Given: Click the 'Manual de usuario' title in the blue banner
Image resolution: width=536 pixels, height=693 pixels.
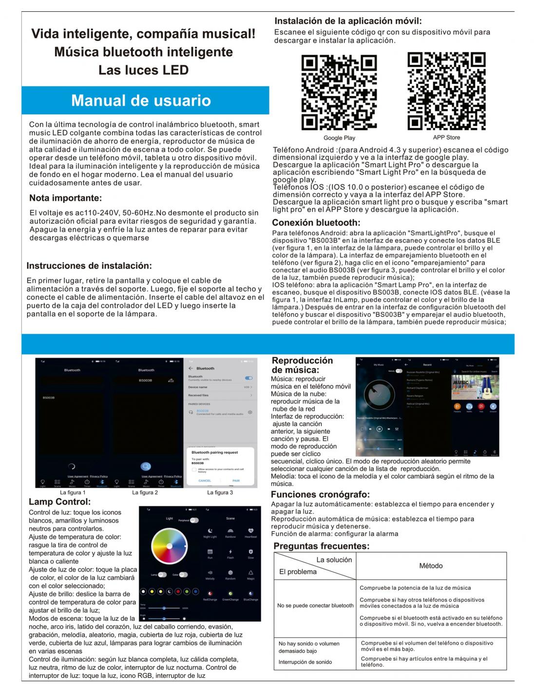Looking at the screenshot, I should [x=141, y=100].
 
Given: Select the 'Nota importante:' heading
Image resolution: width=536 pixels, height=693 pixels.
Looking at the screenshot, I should [x=65, y=198].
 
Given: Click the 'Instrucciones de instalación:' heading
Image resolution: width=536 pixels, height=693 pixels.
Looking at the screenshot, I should [x=89, y=266].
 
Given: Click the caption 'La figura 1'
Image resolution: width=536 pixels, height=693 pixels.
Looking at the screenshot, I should [x=73, y=493].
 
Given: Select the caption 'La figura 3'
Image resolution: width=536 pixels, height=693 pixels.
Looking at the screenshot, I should [x=220, y=493].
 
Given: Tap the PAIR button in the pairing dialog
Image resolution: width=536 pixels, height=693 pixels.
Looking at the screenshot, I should [x=236, y=481].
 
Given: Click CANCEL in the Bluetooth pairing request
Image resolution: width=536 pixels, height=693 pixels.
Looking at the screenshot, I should [x=205, y=481].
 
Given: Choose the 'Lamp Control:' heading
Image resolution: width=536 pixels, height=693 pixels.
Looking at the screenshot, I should [x=60, y=502].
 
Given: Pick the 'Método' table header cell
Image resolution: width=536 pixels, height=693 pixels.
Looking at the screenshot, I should [x=431, y=566].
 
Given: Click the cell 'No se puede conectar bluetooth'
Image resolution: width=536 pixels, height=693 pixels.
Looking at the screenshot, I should [x=315, y=606].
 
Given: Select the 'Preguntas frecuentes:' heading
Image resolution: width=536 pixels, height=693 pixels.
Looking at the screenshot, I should [x=322, y=546].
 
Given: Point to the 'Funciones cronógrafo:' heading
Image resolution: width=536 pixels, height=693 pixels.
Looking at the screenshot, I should [x=320, y=495].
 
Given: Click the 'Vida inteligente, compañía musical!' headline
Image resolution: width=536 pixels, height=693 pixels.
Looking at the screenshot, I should [x=143, y=34].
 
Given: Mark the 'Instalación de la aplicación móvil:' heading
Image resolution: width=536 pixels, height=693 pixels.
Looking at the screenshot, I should [x=348, y=21].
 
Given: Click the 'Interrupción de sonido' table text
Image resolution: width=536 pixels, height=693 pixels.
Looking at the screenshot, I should [x=305, y=662].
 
